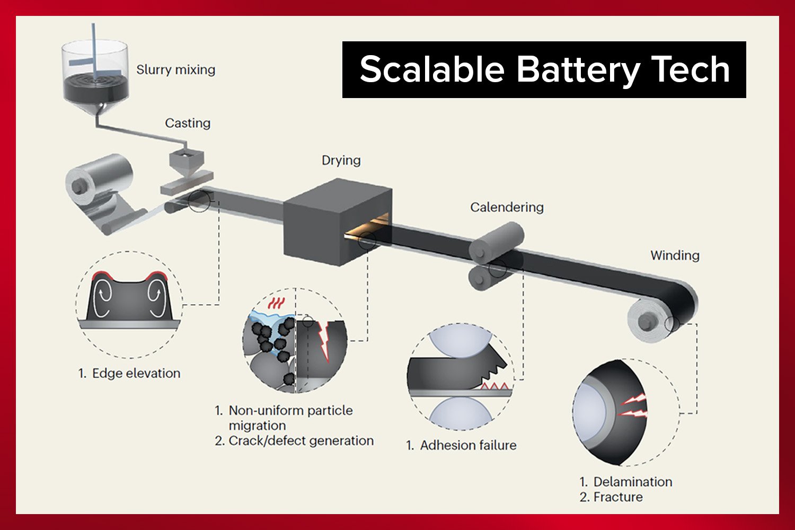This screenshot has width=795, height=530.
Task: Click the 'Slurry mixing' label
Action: (x=175, y=69)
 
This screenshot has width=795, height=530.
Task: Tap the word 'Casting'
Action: (x=188, y=123)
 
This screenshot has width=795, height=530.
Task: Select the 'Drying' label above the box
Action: (x=341, y=160)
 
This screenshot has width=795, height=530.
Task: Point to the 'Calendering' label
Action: (x=507, y=207)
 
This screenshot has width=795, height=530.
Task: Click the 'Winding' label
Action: (x=675, y=255)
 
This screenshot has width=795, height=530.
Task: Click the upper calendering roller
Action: (x=498, y=241)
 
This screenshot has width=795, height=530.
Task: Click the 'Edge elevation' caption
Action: (x=136, y=373)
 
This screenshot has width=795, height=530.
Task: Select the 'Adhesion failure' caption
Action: (x=467, y=445)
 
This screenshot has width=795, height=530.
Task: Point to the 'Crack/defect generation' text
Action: (x=301, y=441)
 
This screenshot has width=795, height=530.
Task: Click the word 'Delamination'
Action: (x=632, y=482)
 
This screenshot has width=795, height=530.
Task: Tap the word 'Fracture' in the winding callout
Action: (x=618, y=497)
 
